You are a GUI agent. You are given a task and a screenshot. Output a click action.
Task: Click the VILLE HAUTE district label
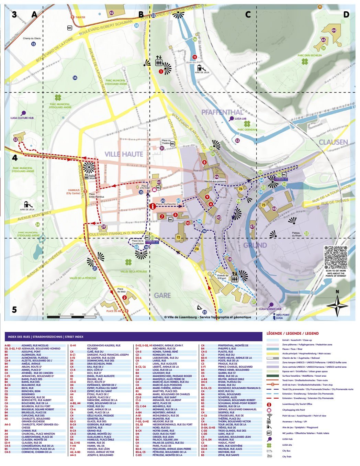click(x=124, y=154)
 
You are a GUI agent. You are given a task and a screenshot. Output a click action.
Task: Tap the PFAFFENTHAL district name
click(x=222, y=112)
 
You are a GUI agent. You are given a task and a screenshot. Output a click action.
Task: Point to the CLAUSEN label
click(x=333, y=142)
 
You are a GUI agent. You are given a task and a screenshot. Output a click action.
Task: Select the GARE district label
click(x=162, y=295)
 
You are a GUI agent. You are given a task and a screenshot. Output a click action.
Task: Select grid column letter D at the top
click(x=346, y=14)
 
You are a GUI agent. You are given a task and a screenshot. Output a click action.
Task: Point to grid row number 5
click(x=14, y=310)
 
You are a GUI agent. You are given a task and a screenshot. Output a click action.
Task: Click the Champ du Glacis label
click(x=32, y=38)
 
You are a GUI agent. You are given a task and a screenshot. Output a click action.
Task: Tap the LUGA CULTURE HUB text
click(x=22, y=118)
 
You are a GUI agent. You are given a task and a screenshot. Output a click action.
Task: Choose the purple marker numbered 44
click(x=334, y=30)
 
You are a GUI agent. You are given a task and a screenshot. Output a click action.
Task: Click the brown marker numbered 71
click(x=320, y=7)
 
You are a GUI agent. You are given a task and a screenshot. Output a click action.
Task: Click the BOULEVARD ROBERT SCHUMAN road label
click(x=105, y=27)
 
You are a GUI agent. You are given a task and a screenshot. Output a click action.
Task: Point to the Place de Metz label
click(x=120, y=290)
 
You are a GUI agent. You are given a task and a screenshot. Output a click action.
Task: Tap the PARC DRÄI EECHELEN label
click(x=310, y=55)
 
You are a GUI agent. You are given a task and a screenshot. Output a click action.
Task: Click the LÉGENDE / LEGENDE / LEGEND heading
click(x=292, y=333)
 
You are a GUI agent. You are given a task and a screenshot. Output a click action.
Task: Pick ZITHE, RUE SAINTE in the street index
click(x=228, y=455)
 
